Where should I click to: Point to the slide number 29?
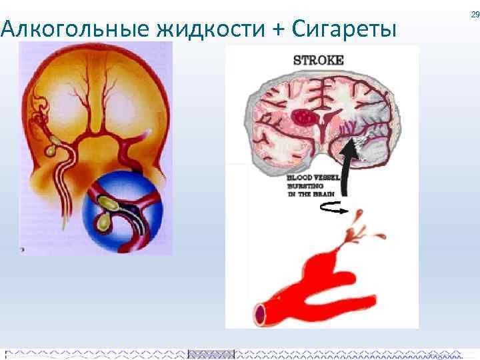click(x=475, y=14)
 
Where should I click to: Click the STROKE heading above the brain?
click(x=319, y=60)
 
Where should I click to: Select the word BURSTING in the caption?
click(x=304, y=187)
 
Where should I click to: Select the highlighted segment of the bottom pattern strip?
click(x=211, y=354)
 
